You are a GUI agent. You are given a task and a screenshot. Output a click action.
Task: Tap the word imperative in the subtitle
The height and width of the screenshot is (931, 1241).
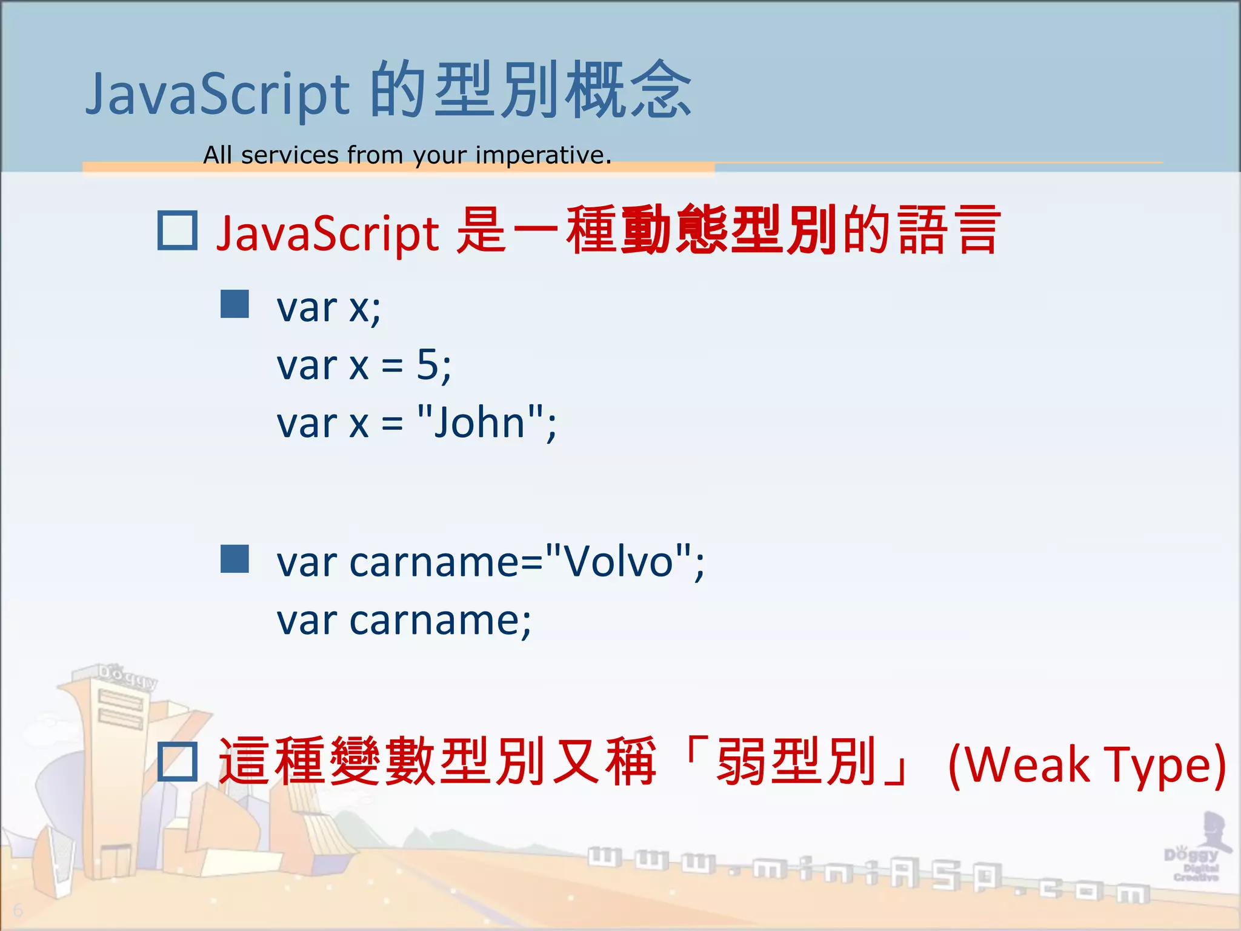click(x=542, y=156)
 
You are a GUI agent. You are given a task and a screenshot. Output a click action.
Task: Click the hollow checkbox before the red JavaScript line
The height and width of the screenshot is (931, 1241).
click(x=177, y=230)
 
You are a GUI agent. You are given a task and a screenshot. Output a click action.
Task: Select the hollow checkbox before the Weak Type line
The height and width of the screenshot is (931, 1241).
click(x=177, y=762)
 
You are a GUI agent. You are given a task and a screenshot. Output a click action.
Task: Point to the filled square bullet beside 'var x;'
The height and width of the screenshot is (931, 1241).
click(x=235, y=304)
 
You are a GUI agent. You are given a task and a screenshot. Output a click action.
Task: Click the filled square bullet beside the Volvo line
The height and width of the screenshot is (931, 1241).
click(x=235, y=559)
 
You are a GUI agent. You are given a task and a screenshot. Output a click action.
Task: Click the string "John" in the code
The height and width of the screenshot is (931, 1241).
click(x=480, y=422)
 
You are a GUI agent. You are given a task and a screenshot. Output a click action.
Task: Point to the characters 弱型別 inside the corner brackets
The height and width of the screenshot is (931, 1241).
click(x=796, y=761)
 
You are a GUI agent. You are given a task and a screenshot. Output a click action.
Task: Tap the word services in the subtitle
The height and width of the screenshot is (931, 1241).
click(x=290, y=156)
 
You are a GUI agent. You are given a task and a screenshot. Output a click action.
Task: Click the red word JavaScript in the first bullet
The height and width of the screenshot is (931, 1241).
click(x=327, y=233)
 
